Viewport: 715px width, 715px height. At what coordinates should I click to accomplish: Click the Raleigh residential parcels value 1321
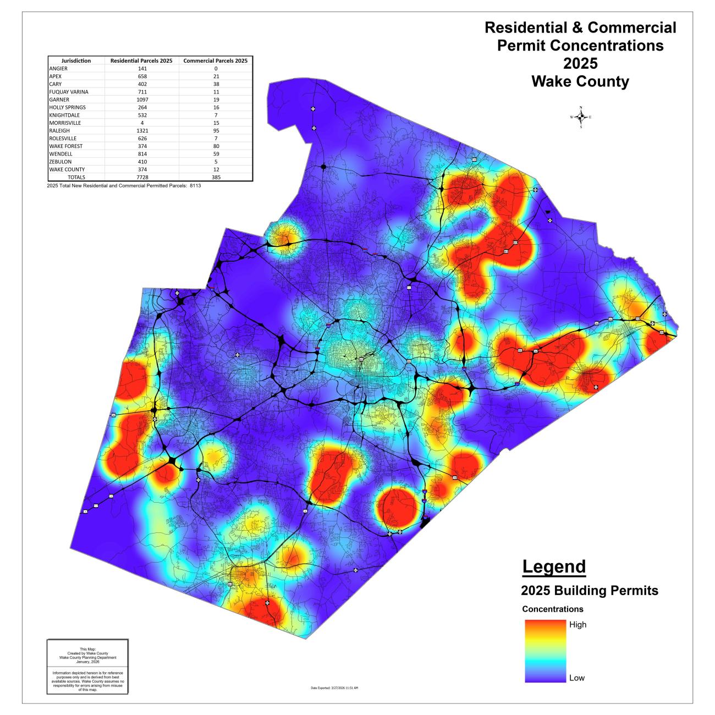142,131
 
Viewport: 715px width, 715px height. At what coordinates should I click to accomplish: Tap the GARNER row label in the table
59,100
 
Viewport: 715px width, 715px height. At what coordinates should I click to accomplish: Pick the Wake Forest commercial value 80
216,146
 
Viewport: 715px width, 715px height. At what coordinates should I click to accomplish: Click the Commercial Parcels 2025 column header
216,61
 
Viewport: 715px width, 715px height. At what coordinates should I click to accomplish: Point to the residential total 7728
142,178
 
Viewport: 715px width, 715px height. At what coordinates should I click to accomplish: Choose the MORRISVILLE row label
64,123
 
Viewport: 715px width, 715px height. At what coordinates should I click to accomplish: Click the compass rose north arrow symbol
581,117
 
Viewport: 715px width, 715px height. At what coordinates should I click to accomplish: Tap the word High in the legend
577,625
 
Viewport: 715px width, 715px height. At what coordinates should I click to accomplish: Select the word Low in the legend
576,678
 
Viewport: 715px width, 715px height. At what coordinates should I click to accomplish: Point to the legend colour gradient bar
545,651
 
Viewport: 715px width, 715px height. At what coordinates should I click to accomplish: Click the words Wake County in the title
580,82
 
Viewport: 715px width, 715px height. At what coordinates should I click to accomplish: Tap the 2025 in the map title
580,63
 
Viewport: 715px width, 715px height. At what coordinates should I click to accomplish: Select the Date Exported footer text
335,688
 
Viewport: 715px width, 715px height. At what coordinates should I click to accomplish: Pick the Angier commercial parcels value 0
216,69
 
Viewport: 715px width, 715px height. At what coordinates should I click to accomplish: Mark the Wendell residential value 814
142,154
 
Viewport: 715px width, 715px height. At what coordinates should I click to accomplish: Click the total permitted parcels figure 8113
187,186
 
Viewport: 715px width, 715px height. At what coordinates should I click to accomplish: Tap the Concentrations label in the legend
552,609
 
